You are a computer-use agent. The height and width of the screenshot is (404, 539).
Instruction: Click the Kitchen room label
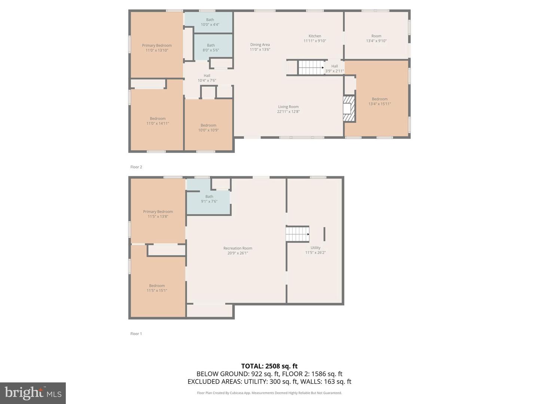(315, 38)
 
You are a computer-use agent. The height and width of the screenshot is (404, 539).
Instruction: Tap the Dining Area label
(260, 47)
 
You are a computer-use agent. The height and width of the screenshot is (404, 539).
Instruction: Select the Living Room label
(288, 109)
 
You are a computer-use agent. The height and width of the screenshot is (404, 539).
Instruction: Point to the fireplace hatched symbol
(349, 108)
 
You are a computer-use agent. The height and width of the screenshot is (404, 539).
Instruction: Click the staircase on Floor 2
(311, 67)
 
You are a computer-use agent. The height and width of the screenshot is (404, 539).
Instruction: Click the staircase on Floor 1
(297, 234)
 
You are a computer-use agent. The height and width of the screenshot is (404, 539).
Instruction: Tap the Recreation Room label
(238, 251)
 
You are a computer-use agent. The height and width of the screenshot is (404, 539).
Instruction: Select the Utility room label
(315, 250)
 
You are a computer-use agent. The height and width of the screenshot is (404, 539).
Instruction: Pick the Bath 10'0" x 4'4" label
(210, 22)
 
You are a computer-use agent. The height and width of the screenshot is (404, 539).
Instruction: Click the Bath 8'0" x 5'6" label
(211, 48)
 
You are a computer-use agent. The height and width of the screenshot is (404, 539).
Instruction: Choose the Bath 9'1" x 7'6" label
(209, 199)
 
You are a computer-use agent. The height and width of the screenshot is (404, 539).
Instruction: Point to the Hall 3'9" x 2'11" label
(335, 68)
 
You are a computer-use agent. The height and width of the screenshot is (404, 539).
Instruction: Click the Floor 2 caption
(136, 167)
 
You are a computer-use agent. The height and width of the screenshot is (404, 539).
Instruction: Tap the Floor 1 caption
(136, 334)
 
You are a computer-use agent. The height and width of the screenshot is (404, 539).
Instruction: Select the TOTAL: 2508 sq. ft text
(269, 366)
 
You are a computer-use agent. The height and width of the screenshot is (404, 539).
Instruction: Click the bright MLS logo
(33, 393)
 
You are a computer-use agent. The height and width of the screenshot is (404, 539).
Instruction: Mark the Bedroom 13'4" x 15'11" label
(380, 101)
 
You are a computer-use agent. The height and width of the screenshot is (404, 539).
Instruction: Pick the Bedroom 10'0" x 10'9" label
(208, 128)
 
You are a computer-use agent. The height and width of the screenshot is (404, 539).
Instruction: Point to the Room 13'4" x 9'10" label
(376, 38)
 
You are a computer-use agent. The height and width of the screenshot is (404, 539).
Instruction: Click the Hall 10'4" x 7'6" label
(207, 78)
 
